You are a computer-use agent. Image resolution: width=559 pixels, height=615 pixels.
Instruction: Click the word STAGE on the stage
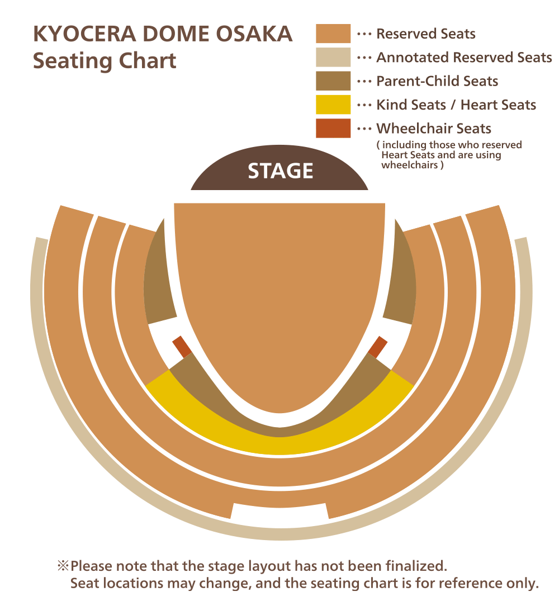(x=280, y=171)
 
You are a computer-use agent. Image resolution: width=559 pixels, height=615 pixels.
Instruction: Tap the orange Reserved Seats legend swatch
(x=333, y=34)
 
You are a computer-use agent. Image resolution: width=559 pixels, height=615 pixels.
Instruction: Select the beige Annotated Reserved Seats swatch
(x=333, y=57)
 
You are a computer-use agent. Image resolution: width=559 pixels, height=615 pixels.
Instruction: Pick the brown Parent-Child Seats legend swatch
(x=333, y=81)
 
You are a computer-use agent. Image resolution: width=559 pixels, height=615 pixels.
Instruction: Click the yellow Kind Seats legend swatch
(x=333, y=105)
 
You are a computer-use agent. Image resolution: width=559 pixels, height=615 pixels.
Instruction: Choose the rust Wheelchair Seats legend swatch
(x=333, y=128)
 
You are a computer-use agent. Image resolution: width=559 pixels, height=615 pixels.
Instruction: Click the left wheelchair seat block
(x=181, y=347)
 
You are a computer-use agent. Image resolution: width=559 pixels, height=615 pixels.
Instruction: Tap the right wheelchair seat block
(x=378, y=347)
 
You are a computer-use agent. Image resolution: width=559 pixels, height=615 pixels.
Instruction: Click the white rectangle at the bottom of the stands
(x=279, y=512)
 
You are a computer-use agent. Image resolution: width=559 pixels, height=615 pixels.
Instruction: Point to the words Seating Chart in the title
(x=105, y=60)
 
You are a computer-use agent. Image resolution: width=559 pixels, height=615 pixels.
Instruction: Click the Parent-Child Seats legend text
(x=437, y=81)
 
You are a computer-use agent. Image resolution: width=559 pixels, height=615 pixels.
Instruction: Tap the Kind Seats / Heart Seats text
(x=456, y=105)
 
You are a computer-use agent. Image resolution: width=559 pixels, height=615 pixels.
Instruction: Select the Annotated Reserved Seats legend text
(x=464, y=57)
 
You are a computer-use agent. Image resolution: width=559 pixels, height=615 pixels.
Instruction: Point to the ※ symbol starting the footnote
(x=62, y=566)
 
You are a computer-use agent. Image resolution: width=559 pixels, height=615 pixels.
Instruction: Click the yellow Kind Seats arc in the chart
(x=279, y=442)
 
